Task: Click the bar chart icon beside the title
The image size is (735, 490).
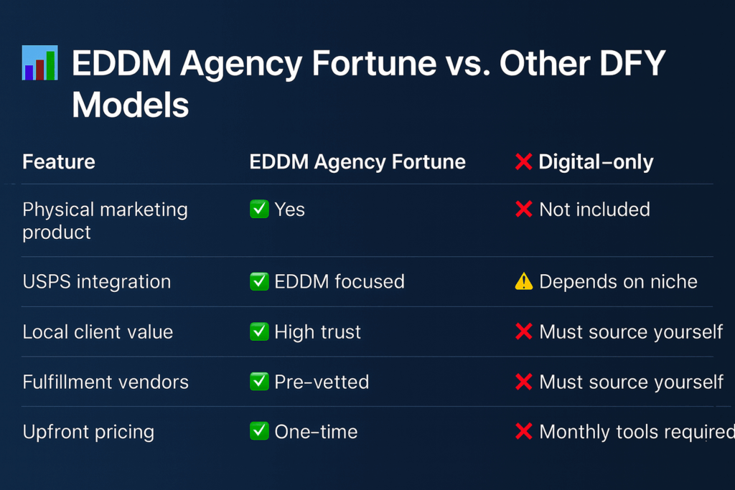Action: coord(40,62)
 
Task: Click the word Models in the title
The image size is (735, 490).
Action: coord(131,105)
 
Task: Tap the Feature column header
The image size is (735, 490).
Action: coord(59,162)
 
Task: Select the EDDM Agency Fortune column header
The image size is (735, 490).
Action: coord(357,162)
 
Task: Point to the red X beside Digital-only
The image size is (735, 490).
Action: coord(523,162)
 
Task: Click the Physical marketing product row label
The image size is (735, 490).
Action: coord(105,221)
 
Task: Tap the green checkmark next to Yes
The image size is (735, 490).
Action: coord(259,209)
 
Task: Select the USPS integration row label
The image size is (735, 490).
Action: coord(97,282)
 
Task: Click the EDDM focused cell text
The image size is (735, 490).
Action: coord(340,281)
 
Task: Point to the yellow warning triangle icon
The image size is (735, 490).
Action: coord(523,281)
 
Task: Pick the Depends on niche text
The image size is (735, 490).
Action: coord(618,282)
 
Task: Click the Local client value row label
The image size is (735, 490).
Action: coord(98,332)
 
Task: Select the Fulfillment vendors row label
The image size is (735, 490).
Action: coord(106,382)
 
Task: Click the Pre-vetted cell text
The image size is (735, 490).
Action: coord(322,382)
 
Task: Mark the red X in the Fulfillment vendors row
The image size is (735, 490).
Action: coord(523,382)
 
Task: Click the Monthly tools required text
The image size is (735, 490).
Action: coord(637,432)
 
